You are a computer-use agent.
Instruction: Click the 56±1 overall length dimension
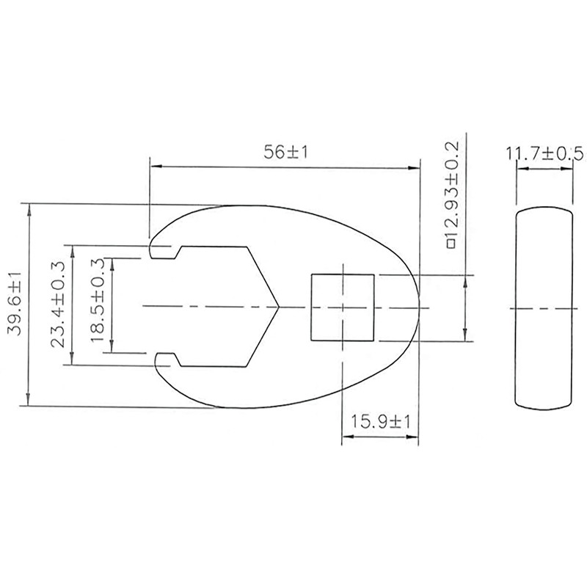284,152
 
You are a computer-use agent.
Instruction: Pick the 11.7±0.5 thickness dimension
544,153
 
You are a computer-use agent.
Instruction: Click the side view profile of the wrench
544,308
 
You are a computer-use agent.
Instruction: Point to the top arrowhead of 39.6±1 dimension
29,208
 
